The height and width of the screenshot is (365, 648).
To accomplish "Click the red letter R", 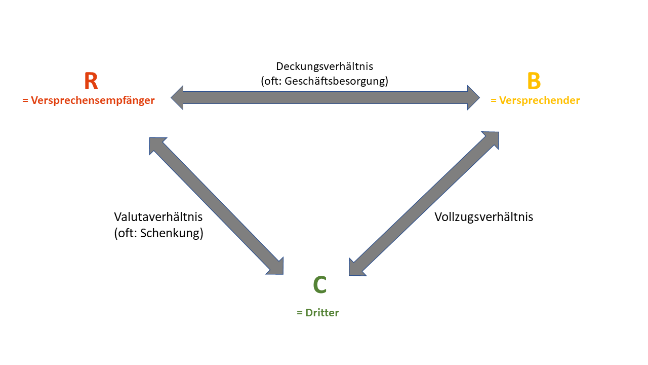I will (x=91, y=81).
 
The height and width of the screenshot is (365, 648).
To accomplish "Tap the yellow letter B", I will (x=534, y=81).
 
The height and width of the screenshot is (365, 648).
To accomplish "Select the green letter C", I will (x=320, y=285).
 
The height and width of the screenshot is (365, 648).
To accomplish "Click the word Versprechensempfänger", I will (x=93, y=100).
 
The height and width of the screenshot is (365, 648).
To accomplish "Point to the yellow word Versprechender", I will (x=540, y=100).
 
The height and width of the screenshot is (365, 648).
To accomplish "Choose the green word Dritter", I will (x=322, y=313).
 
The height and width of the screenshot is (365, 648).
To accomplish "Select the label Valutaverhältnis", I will (x=158, y=217).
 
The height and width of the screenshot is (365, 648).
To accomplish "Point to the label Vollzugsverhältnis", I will (x=484, y=217).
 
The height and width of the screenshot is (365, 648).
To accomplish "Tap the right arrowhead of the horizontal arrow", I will (x=473, y=97).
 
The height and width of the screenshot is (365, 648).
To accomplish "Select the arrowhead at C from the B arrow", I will (x=355, y=269).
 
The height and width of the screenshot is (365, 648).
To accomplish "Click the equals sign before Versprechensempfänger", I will (x=25, y=100).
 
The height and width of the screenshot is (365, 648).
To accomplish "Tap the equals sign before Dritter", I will (x=300, y=313).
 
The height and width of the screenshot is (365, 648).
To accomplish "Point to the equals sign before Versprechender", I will (x=494, y=100).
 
